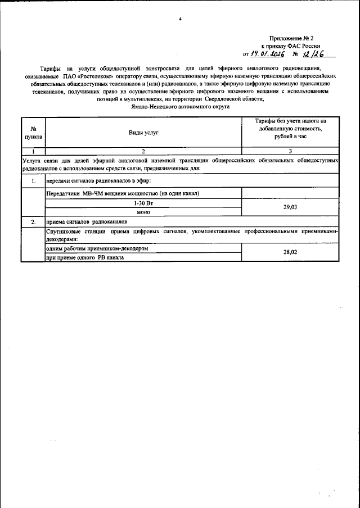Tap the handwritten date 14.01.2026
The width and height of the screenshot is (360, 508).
click(x=268, y=54)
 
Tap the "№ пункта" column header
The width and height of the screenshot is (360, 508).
click(x=33, y=133)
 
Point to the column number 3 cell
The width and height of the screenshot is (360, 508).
click(x=290, y=152)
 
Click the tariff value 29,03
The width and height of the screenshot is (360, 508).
click(x=290, y=207)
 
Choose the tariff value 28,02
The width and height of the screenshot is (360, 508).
click(x=290, y=252)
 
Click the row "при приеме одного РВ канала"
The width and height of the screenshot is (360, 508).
click(x=84, y=257)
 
